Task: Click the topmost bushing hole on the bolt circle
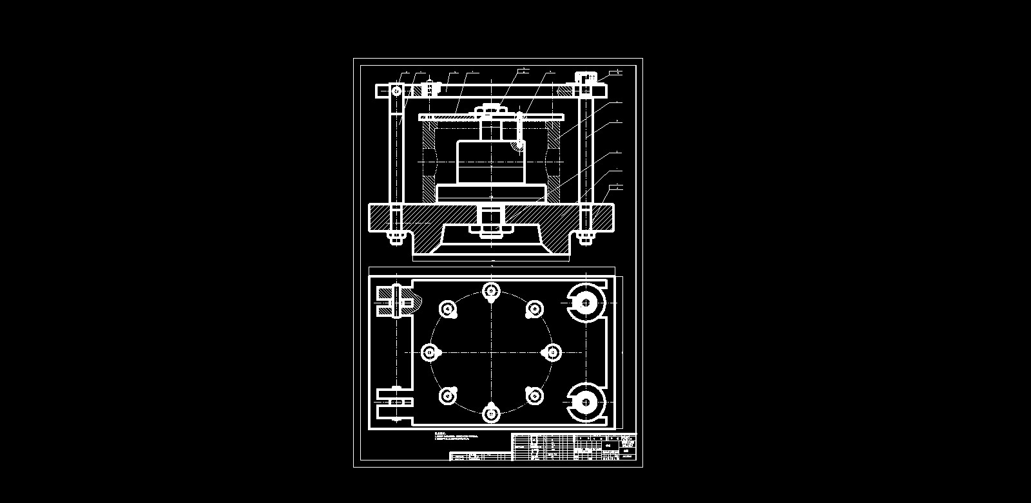click(491, 292)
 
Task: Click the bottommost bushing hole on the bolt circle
click(491, 413)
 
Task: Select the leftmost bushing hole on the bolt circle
click(430, 352)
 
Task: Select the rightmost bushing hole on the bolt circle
click(552, 352)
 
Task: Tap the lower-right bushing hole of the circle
click(534, 395)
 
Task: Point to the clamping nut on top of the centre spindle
click(491, 110)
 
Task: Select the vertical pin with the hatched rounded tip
click(519, 132)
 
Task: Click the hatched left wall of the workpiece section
click(429, 161)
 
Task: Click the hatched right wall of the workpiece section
click(554, 161)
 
